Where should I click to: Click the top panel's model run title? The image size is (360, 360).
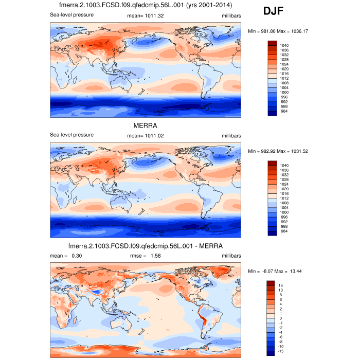coord(145,6)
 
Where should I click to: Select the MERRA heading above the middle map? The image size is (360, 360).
coord(145,125)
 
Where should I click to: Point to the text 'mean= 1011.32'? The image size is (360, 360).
coord(145,15)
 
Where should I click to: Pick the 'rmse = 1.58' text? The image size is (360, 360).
coord(145,256)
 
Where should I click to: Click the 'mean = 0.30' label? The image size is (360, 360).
coord(66,256)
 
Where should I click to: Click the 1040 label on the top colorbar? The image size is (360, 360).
coord(284,46)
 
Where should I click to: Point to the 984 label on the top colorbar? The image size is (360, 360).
coord(283,112)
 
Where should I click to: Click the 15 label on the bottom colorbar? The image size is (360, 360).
coord(281,285)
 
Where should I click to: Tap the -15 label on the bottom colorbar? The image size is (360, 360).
coord(282,352)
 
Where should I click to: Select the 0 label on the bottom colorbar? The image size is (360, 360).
coord(280,318)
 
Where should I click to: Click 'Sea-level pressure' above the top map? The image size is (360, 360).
coord(71,15)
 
